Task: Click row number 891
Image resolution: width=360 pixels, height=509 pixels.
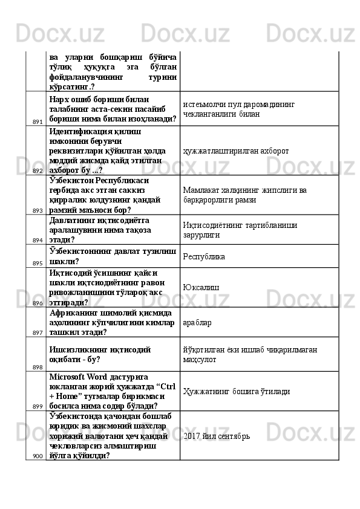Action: [x=37, y=122]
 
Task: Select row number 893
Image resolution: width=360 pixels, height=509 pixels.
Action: [x=37, y=210]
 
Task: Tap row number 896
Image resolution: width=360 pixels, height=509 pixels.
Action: [x=37, y=303]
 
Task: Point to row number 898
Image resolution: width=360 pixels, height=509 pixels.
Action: [x=37, y=367]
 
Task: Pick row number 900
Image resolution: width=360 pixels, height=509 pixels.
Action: [x=37, y=456]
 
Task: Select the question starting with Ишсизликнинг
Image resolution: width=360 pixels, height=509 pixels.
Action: [x=99, y=354]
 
